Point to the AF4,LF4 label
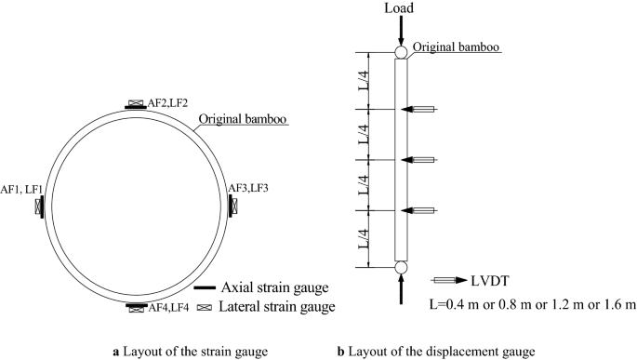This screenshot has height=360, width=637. [x=168, y=307]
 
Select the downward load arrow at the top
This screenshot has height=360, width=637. [x=400, y=31]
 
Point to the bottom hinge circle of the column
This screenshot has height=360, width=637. [x=400, y=268]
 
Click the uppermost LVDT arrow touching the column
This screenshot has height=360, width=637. [x=418, y=111]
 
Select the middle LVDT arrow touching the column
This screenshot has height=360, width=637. [x=418, y=160]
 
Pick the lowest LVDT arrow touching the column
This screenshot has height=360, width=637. [x=418, y=209]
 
